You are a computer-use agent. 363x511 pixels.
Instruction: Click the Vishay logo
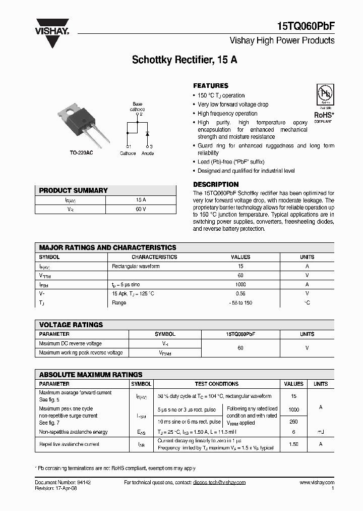51,32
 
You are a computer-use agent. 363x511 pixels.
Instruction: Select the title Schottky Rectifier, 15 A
185,60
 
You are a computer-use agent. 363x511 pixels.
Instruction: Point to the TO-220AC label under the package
81,152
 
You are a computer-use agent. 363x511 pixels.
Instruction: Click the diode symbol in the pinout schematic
147,134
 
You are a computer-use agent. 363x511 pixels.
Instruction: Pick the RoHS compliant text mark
323,116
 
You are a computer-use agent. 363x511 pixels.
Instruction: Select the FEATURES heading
211,86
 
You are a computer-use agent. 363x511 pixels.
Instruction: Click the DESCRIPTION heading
216,184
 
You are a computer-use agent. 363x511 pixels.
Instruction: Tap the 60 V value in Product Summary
141,209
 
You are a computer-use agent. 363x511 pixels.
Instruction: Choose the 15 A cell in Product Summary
141,200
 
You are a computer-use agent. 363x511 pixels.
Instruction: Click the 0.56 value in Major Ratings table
240,293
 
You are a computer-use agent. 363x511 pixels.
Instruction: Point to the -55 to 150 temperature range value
240,302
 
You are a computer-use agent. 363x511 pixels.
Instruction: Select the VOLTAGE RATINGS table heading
71,325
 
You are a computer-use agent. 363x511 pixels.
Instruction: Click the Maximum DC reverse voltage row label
70,343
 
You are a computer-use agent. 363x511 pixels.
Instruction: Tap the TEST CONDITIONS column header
216,384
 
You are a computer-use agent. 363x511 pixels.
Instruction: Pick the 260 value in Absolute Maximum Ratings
293,422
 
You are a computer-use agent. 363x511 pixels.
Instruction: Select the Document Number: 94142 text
63,483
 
